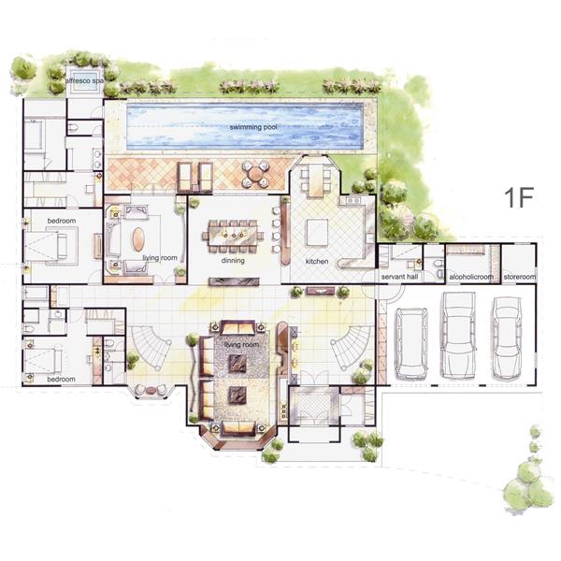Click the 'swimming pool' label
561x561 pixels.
click(x=253, y=127)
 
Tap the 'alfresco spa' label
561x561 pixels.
click(x=84, y=80)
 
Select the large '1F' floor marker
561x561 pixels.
click(x=519, y=197)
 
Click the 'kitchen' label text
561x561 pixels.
click(x=317, y=261)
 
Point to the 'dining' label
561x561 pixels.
click(x=233, y=261)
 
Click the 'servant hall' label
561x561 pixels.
click(x=399, y=277)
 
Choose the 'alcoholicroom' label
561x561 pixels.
click(x=471, y=277)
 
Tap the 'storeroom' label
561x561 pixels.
click(x=520, y=277)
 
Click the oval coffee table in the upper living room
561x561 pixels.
click(x=138, y=239)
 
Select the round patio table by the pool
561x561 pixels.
click(x=254, y=174)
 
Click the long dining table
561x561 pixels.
click(x=233, y=236)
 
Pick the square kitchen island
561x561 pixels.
click(x=317, y=232)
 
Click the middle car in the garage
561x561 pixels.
click(x=458, y=335)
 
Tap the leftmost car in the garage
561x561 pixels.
click(x=411, y=343)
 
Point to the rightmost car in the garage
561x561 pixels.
click(x=507, y=338)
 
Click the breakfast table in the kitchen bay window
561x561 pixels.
click(x=316, y=180)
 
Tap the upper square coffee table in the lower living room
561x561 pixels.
click(x=237, y=363)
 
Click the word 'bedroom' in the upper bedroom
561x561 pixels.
click(x=62, y=221)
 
